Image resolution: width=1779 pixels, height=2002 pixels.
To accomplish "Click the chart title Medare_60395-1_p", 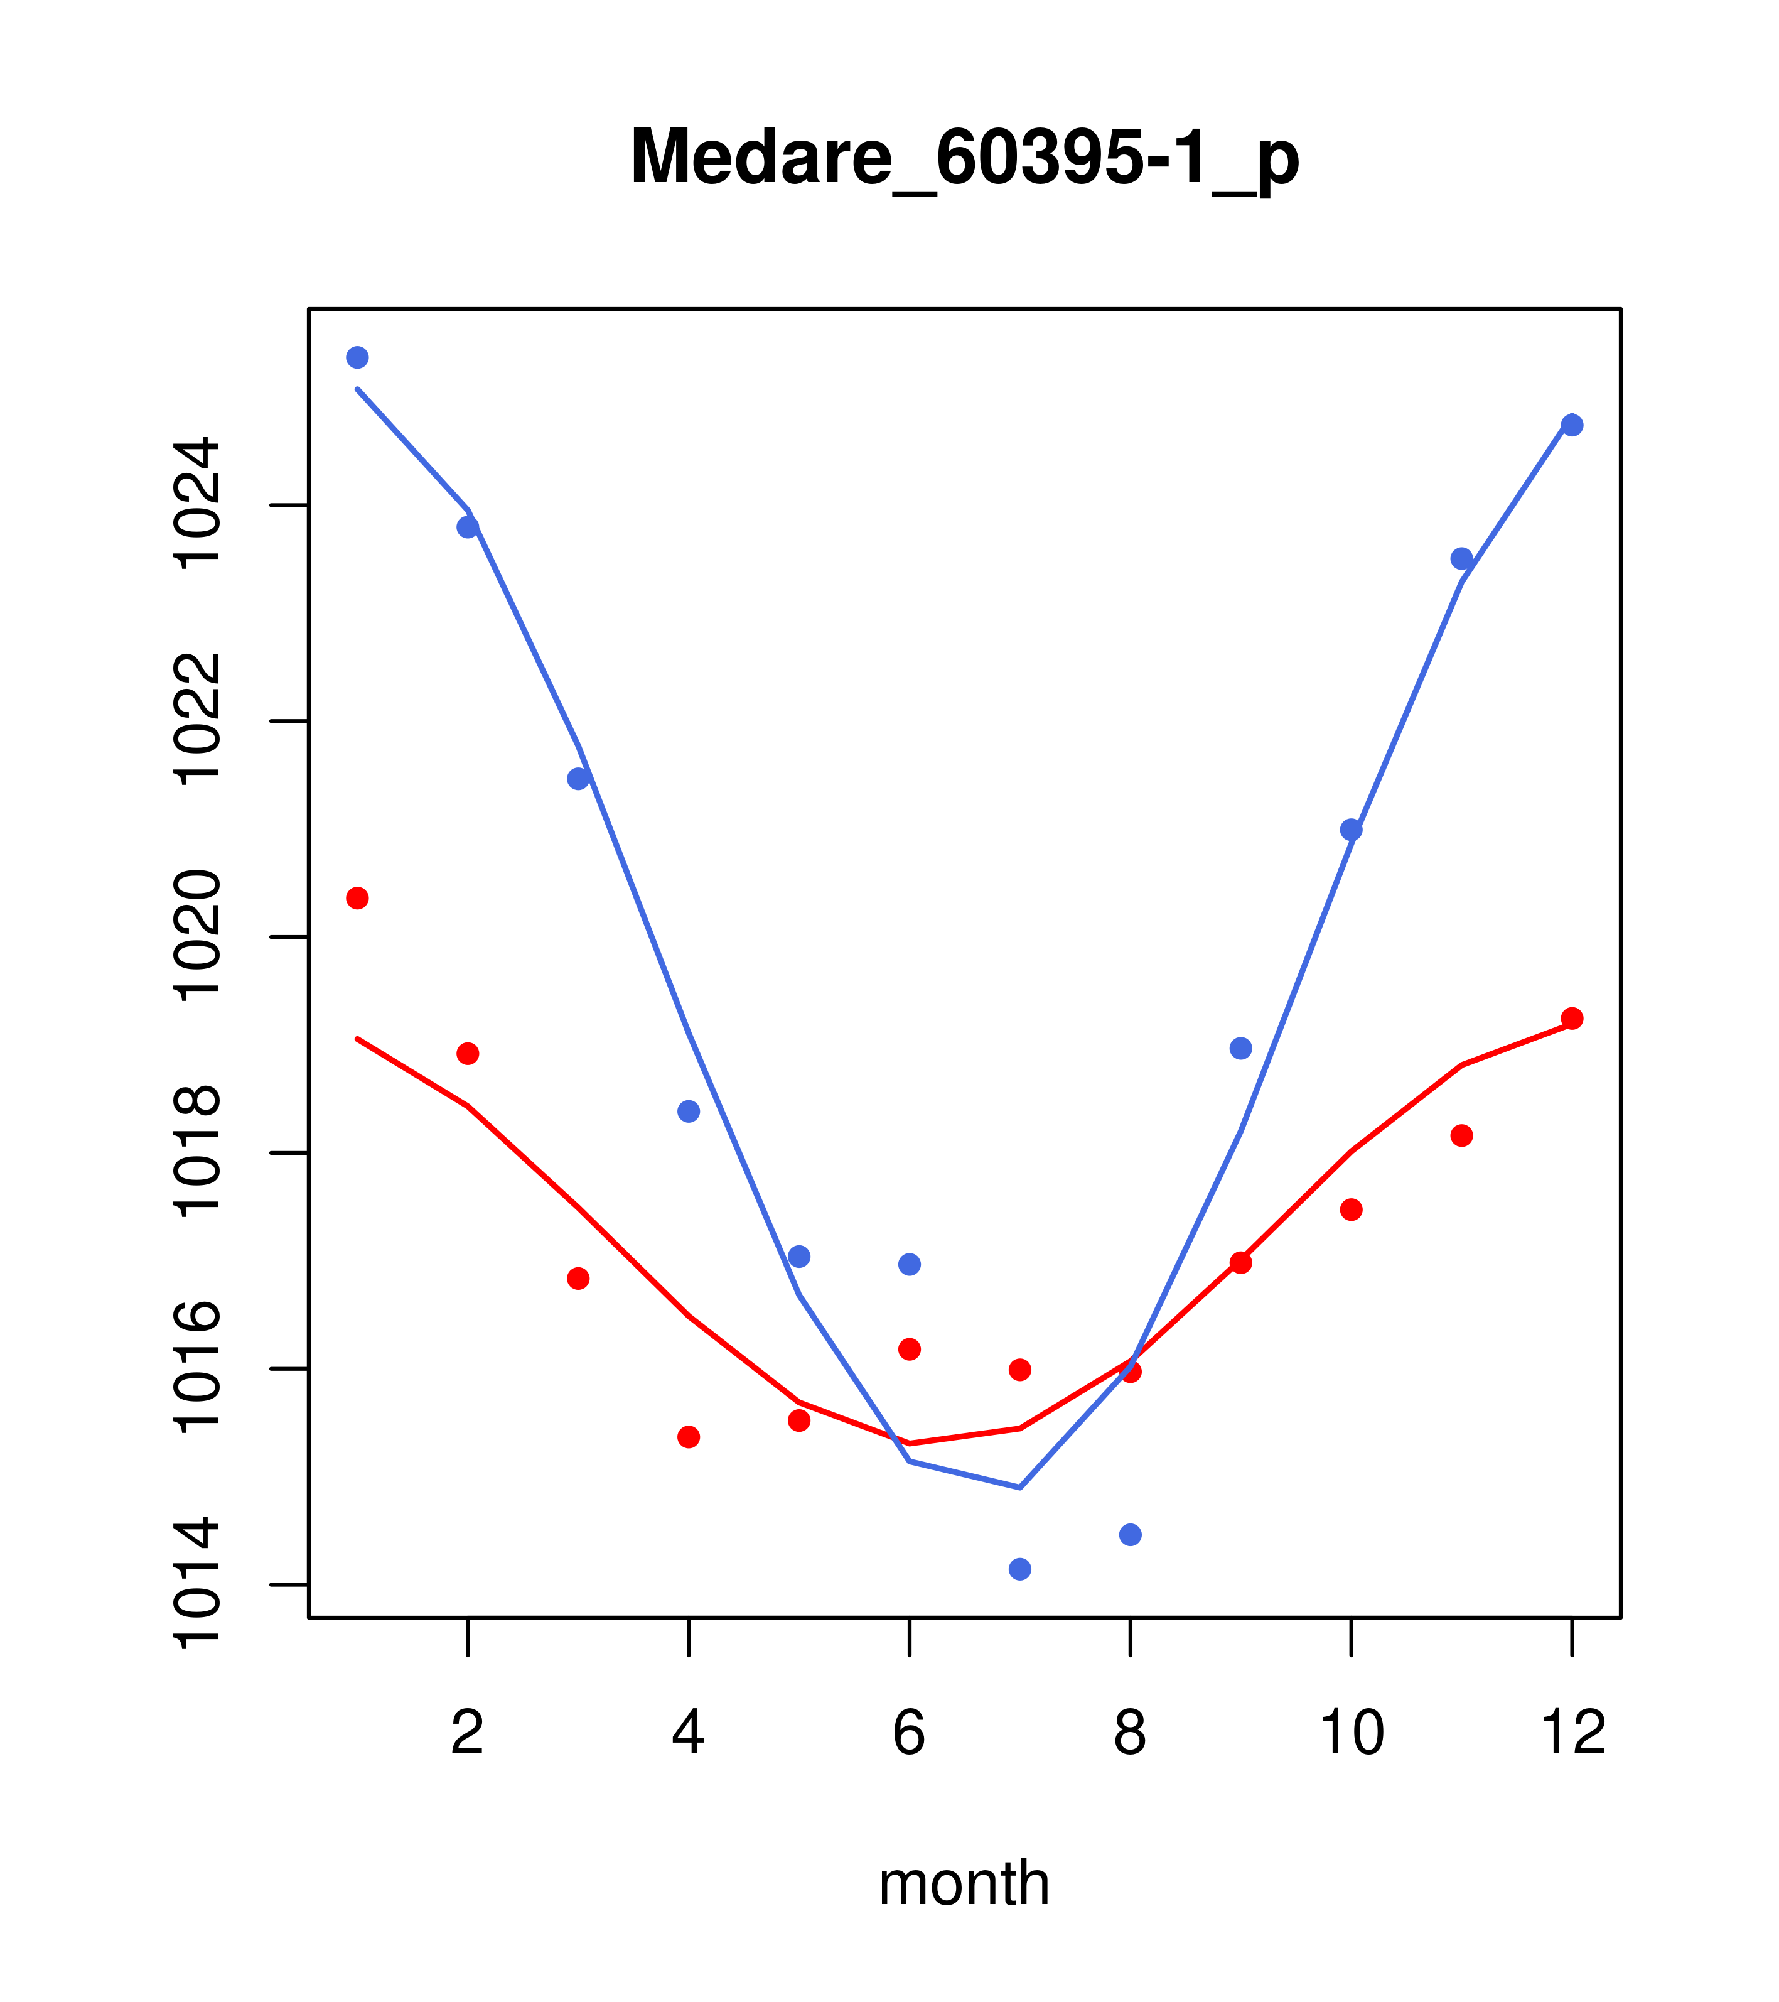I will (964, 158).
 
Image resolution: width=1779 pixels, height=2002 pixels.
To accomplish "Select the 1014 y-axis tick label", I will (196, 1584).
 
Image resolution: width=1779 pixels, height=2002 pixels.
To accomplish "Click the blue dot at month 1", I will (357, 357).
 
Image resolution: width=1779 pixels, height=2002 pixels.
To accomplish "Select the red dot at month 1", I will (357, 898).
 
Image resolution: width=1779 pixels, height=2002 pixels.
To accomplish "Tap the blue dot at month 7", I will (1019, 1569).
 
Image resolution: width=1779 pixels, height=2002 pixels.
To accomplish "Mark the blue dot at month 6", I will (910, 1265).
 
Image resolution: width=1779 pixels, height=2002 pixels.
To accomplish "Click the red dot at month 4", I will (688, 1437).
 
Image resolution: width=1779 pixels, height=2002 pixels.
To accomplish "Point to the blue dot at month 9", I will (1240, 1048).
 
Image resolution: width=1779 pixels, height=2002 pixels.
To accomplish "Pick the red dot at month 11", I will (1462, 1135).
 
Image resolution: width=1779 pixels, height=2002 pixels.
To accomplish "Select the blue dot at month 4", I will (688, 1111).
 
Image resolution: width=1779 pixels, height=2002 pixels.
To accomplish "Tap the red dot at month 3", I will (579, 1278).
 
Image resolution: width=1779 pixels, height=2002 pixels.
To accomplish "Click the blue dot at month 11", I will (1462, 558).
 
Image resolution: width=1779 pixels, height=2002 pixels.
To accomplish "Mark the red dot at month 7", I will (1019, 1369).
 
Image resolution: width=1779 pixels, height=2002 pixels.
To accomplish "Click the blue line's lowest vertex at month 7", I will (1019, 1488).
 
